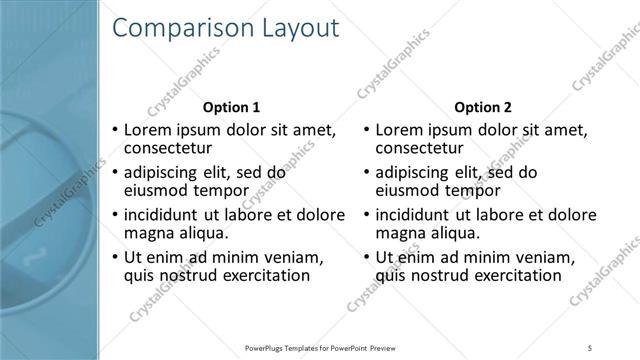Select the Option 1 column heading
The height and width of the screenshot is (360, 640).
point(231,107)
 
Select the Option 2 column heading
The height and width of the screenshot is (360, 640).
point(482,107)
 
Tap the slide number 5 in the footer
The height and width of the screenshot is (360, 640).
point(590,348)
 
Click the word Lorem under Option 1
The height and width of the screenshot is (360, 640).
point(151,130)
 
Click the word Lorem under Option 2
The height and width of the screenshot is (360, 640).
point(402,130)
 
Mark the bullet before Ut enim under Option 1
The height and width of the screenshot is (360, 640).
point(115,257)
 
